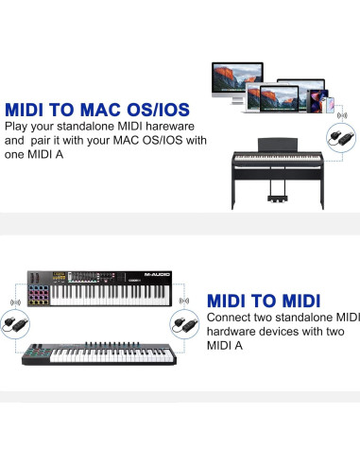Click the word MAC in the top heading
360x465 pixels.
pos(103,108)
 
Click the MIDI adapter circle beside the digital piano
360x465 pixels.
pos(336,138)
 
